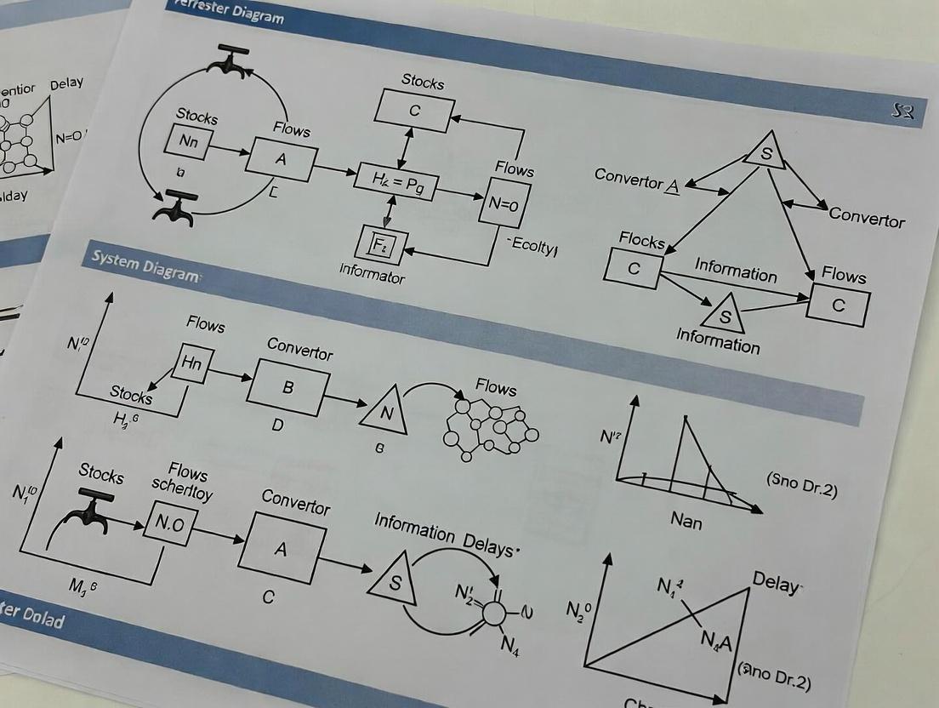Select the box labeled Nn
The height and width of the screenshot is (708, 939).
[189, 142]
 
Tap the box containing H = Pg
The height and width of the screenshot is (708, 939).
[397, 181]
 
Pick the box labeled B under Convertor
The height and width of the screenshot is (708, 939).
[287, 386]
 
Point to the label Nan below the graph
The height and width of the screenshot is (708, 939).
[686, 519]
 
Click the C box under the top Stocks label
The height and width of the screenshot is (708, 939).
[415, 111]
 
